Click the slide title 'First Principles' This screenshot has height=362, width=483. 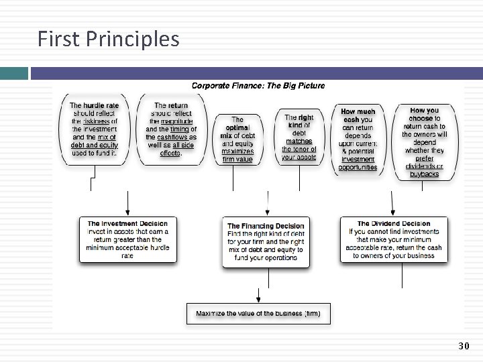point(109,39)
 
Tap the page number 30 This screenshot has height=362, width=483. point(464,346)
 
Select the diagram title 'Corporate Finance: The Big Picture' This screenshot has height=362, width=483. point(258,85)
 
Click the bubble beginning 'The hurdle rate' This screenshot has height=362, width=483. point(94,129)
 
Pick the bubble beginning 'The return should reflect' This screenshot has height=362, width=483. point(171,129)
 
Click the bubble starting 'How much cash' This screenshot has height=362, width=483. point(358,139)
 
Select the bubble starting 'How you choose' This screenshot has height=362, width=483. point(424,141)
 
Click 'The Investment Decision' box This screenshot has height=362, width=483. point(127,239)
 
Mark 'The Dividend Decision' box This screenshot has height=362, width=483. point(394,239)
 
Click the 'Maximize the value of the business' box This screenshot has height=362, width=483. point(258,313)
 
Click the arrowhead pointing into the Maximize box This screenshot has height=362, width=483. point(258,299)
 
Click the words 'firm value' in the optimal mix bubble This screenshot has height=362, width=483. point(237,160)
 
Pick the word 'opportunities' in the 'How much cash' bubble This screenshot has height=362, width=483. point(358,168)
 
